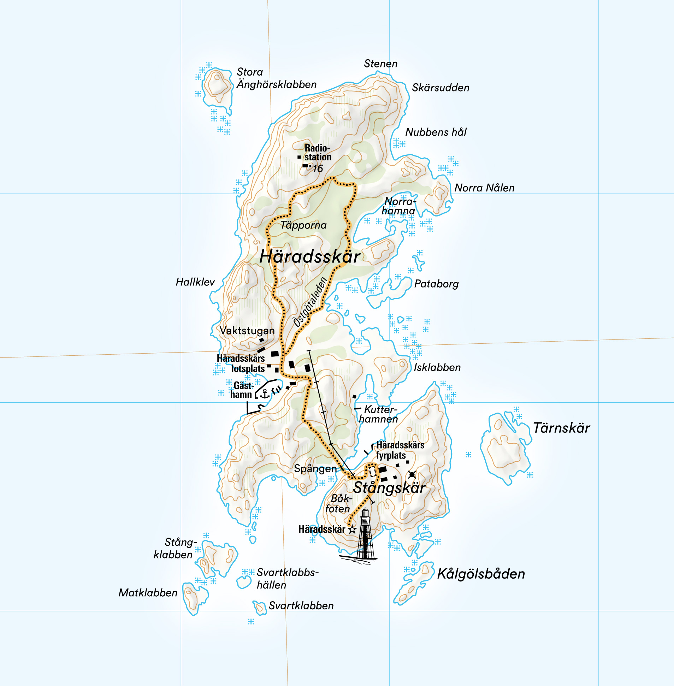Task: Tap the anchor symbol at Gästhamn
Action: (x=265, y=393)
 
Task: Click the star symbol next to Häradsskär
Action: (x=352, y=530)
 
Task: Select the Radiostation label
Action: (x=318, y=153)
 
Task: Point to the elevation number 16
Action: (x=318, y=168)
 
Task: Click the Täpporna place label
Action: (x=303, y=225)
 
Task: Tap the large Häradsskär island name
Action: (x=310, y=256)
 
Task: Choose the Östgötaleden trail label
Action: (x=310, y=302)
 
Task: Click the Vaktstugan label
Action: (x=247, y=331)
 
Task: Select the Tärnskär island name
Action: (x=561, y=428)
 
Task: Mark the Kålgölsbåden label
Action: (x=481, y=574)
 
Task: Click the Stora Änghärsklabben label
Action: (x=276, y=78)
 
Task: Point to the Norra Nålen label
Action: (x=484, y=188)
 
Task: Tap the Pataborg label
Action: (x=436, y=284)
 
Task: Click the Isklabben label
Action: (x=437, y=367)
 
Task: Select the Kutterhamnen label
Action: (x=379, y=414)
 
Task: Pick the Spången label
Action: (x=315, y=469)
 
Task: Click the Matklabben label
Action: (x=148, y=593)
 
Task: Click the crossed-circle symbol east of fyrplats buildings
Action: (x=412, y=474)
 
